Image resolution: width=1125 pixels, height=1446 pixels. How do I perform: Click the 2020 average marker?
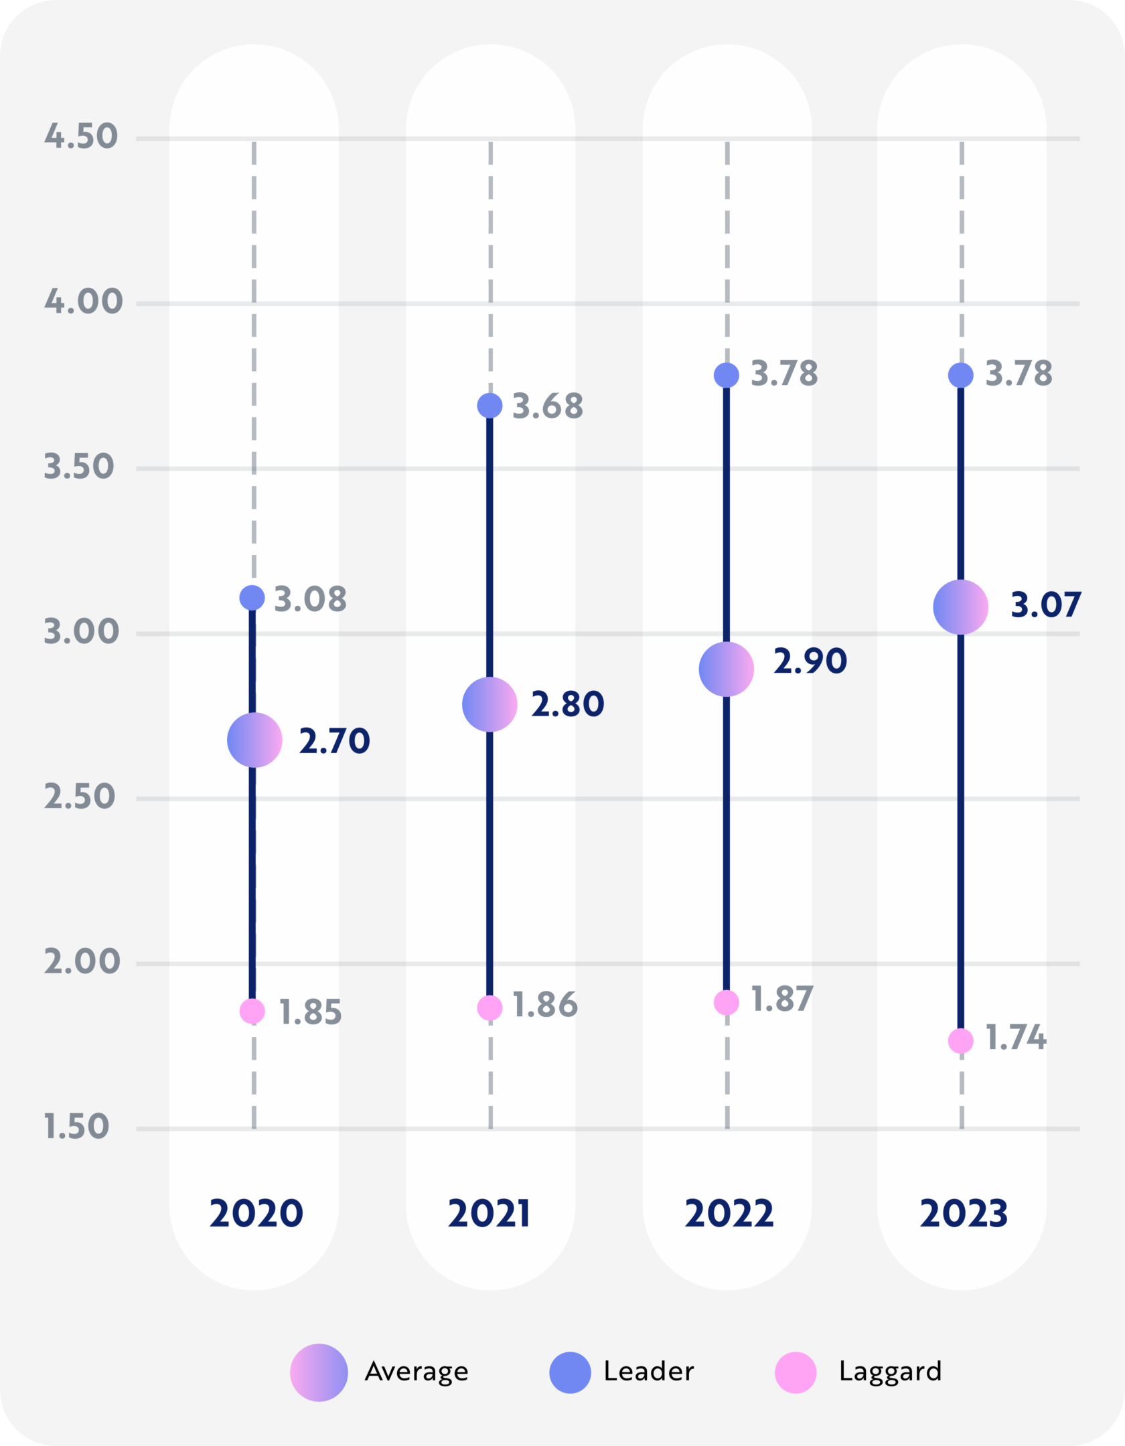coord(254,740)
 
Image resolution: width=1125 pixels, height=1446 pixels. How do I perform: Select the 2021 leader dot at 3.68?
coord(490,405)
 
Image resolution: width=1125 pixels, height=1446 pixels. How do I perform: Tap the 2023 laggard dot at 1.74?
coord(960,1040)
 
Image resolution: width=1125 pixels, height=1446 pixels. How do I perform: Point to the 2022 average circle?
coord(726,669)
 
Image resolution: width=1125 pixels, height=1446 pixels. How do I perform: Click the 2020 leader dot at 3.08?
coord(252,597)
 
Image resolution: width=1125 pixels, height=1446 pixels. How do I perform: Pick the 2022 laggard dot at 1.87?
coord(726,1002)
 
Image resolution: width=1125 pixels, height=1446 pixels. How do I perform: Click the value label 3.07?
coord(1045,605)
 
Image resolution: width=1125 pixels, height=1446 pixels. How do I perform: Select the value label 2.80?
coord(567,704)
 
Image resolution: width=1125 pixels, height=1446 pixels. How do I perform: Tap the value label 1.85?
coord(310,1012)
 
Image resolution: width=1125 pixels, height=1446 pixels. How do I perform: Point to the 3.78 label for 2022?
coord(784,374)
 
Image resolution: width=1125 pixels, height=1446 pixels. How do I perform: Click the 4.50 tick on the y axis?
coord(81,136)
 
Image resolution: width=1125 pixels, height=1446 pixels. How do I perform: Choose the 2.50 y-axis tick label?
coord(80,797)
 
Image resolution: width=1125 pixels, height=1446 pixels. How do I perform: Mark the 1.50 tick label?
coord(76,1126)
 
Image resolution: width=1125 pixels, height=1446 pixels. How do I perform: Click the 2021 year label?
coord(490,1213)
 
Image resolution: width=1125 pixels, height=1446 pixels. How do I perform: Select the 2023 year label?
coord(963,1213)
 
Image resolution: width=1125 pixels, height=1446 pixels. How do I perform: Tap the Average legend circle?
coord(319,1372)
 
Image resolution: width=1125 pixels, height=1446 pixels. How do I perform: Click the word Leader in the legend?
coord(648,1371)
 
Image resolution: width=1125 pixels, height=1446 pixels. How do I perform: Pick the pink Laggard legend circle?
coord(796,1372)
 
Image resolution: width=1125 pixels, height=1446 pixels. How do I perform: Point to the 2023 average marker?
coord(960,607)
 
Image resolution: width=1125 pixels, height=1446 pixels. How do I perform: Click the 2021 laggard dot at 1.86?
coord(490,1008)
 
